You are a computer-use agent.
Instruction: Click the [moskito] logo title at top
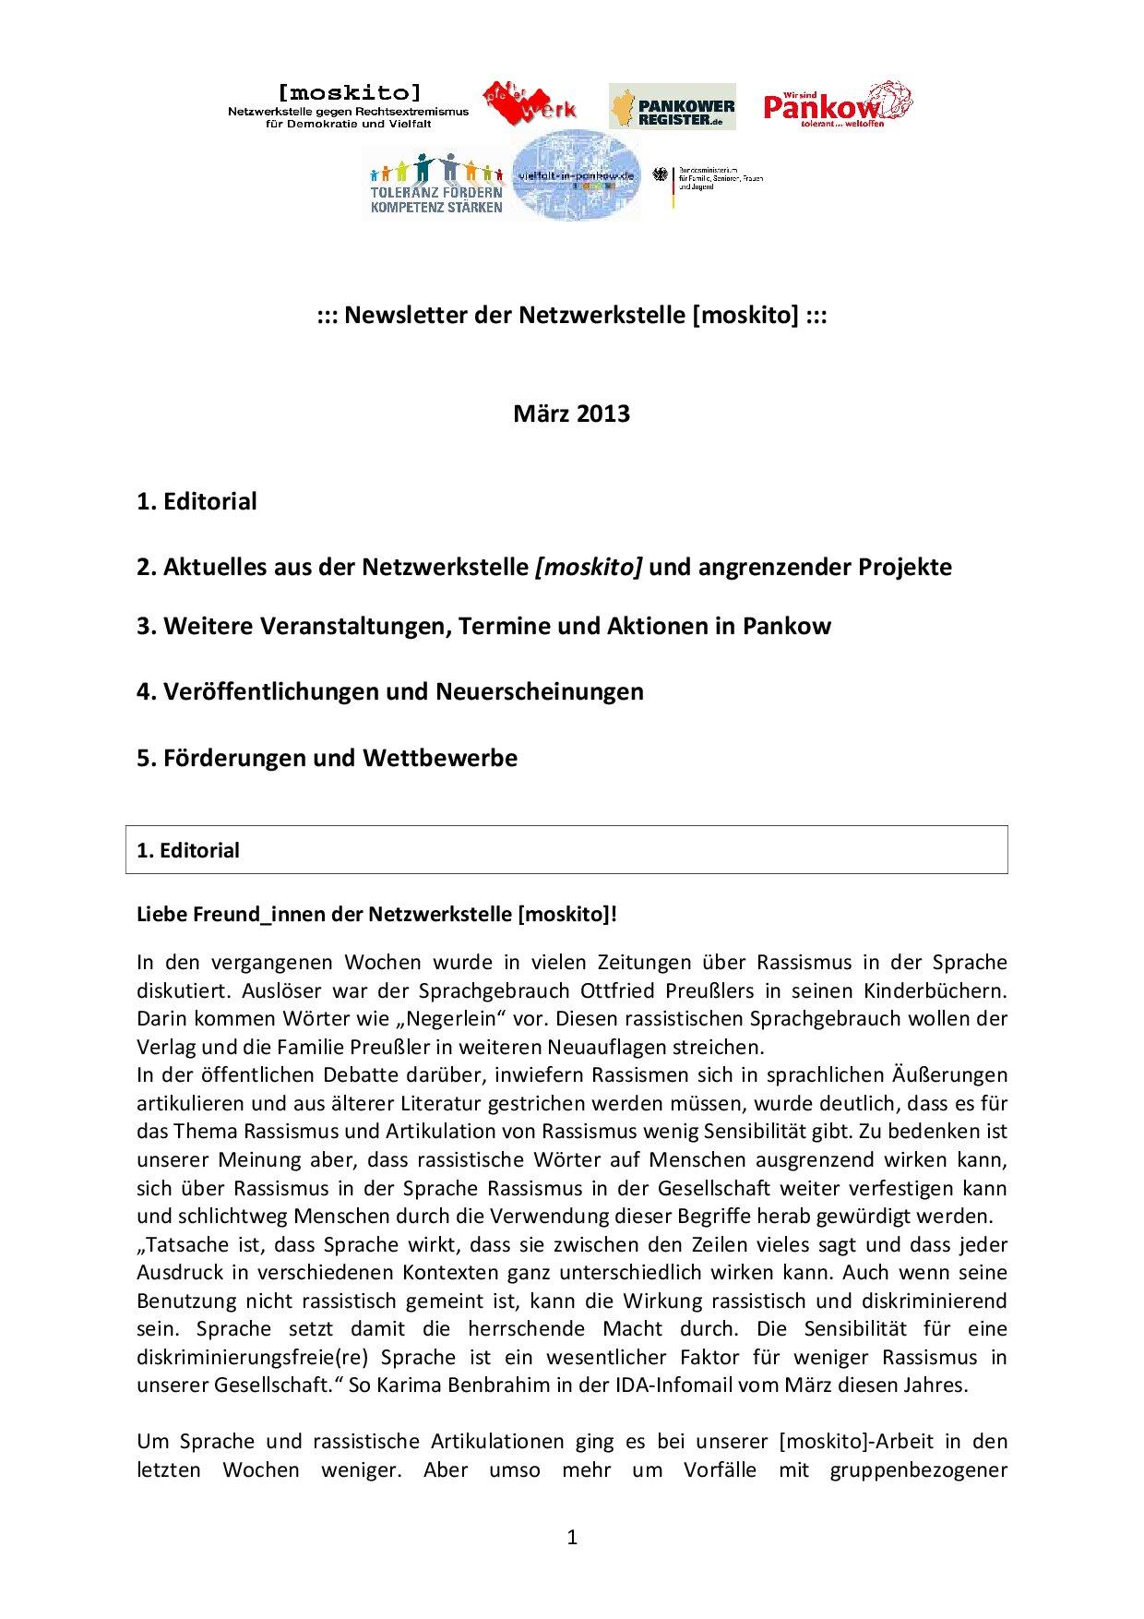tap(349, 91)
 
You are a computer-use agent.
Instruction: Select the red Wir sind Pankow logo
tap(837, 104)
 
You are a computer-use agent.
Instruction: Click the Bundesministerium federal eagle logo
tap(661, 178)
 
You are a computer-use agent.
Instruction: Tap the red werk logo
tap(529, 104)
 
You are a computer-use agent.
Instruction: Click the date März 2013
tap(571, 413)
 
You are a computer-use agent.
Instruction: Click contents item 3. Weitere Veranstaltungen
tap(483, 626)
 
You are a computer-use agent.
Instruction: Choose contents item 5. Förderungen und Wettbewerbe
tap(327, 758)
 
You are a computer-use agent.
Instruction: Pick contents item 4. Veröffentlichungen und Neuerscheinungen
tap(389, 691)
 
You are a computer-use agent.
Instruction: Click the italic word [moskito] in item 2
tap(589, 566)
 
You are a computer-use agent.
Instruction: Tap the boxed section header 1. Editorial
tap(188, 850)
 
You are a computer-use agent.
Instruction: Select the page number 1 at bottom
tap(572, 1537)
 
